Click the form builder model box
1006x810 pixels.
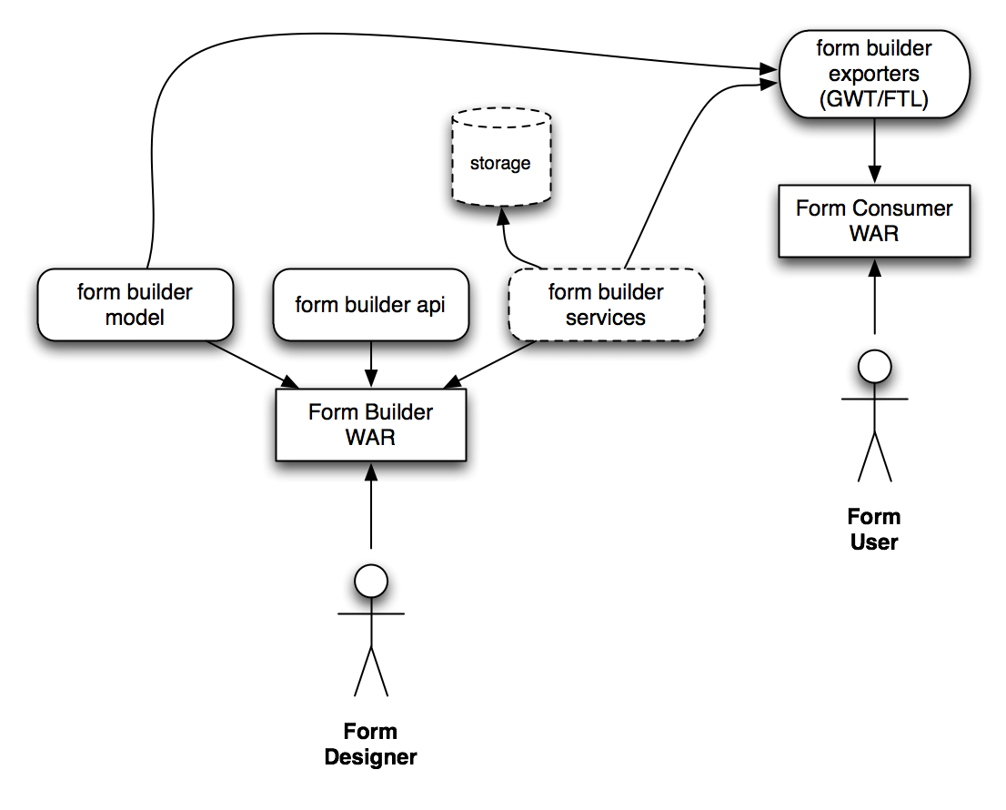[x=135, y=306]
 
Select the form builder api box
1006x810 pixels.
[x=370, y=306]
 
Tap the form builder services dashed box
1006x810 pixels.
[x=606, y=306]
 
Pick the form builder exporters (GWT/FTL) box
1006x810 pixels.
[x=872, y=74]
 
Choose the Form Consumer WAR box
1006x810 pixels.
[x=873, y=221]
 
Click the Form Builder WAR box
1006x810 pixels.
[x=370, y=425]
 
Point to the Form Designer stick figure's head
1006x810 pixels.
[x=370, y=582]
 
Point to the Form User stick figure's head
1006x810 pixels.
[x=874, y=369]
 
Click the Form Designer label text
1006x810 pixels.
[x=370, y=744]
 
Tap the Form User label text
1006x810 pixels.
[x=874, y=529]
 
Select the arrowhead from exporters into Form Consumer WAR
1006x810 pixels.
[x=874, y=171]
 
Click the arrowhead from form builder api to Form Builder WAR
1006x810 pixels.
[x=371, y=376]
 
